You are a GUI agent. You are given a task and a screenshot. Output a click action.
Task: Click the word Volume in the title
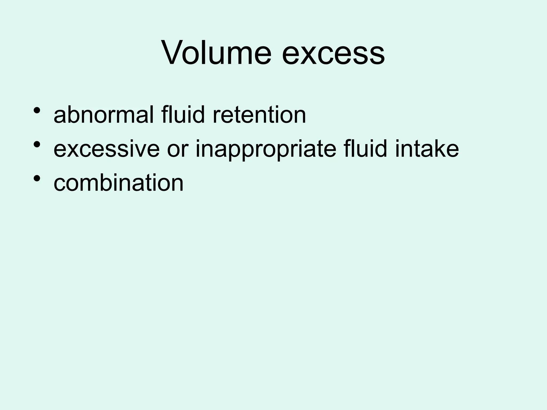coord(216,52)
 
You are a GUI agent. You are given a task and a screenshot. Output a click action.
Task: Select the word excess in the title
coord(333,54)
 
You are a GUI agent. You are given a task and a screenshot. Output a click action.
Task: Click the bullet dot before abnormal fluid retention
coord(37,110)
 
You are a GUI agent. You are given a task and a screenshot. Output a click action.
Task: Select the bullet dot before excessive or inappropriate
coord(37,144)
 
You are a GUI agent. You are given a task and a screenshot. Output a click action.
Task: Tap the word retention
coord(259,115)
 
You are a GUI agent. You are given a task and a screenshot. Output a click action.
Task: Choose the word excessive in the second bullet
coord(106,149)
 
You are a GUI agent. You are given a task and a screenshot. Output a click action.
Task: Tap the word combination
coord(119,183)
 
